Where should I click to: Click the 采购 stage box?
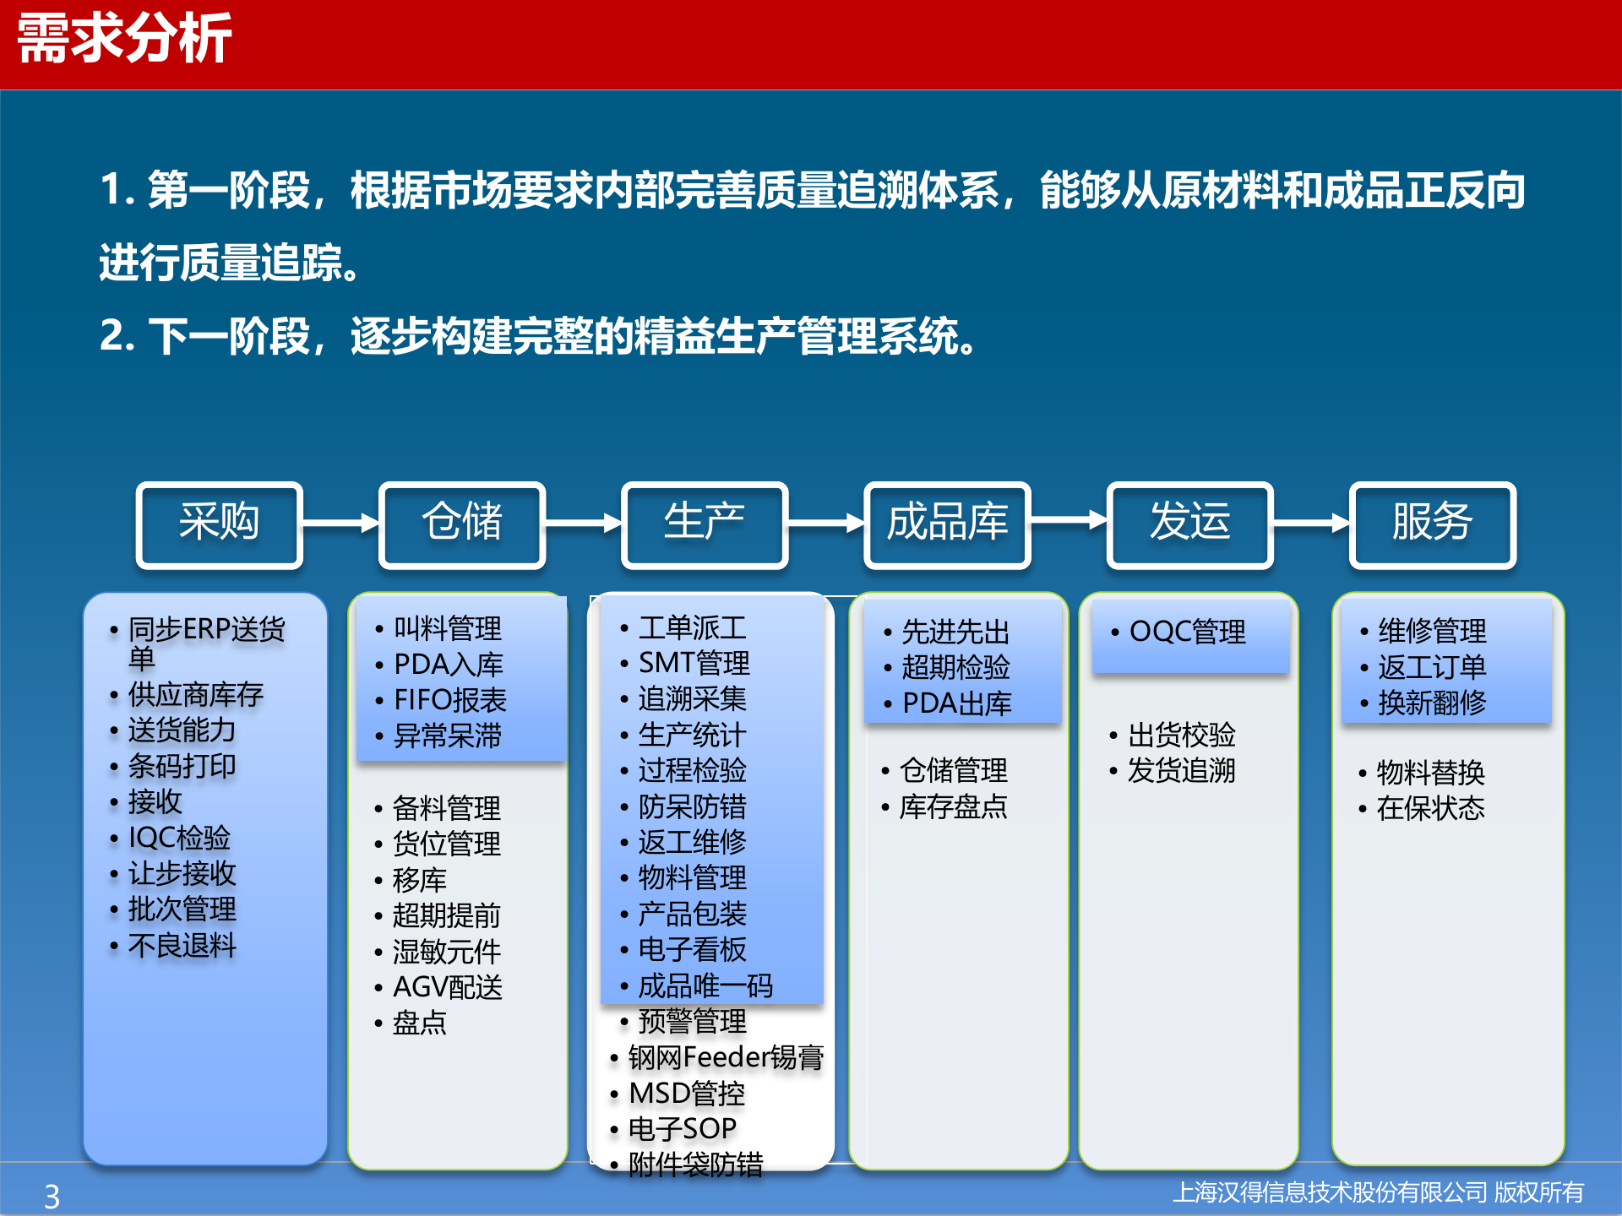coord(219,524)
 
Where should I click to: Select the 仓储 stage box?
coord(462,524)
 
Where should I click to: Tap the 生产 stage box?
coord(705,524)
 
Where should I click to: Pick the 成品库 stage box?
coord(947,524)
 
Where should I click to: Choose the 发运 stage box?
coord(1189,524)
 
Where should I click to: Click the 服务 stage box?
coord(1432,524)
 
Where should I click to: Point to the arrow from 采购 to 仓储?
coord(340,524)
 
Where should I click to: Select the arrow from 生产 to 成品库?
coord(826,524)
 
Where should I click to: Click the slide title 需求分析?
coord(124,39)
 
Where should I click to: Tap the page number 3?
coord(52,1196)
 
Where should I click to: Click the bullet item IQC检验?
coord(179,838)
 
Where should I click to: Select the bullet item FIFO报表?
coord(449,700)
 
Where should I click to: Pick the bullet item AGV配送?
coord(448,987)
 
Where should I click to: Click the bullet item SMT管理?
coord(694,664)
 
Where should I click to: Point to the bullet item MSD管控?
coord(687,1094)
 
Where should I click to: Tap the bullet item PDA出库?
coord(956,703)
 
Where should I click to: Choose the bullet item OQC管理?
coord(1187,632)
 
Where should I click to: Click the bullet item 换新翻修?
coord(1432,703)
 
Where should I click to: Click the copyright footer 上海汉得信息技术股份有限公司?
coord(1330,1192)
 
